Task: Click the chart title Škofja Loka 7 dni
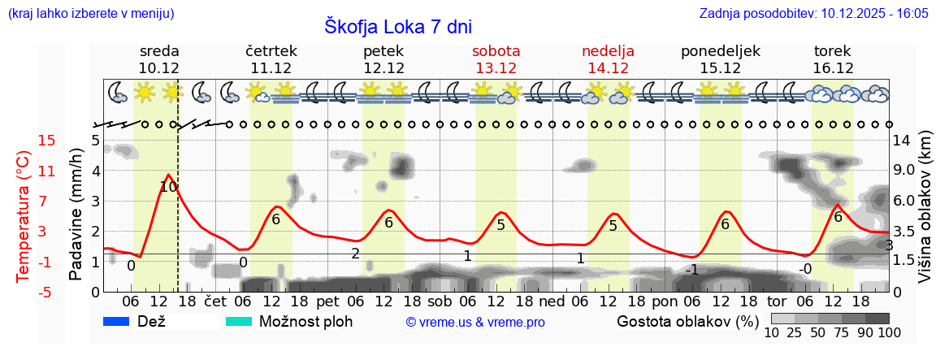[397, 25]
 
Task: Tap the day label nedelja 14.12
[608, 59]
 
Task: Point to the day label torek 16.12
[833, 59]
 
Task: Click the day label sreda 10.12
[159, 59]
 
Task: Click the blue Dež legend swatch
[116, 321]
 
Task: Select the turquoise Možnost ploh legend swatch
[238, 321]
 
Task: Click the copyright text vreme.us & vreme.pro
[475, 322]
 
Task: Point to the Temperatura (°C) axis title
[24, 217]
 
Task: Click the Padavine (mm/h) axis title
[76, 214]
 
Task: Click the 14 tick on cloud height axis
[901, 141]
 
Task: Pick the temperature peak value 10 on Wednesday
[168, 187]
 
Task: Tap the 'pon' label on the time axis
[664, 301]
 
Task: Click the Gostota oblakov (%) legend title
[681, 321]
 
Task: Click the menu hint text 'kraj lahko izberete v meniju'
[90, 14]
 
